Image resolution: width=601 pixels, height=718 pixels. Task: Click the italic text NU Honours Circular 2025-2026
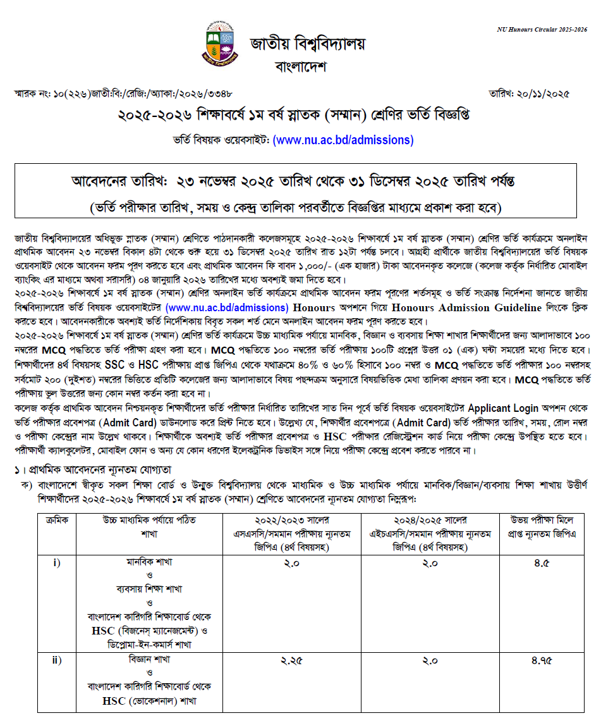[x=542, y=30]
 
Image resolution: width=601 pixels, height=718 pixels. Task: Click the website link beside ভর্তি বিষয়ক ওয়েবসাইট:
[x=343, y=140]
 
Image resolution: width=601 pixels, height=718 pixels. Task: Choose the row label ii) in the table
[x=56, y=660]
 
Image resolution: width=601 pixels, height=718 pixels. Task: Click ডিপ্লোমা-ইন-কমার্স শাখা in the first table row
[x=150, y=644]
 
